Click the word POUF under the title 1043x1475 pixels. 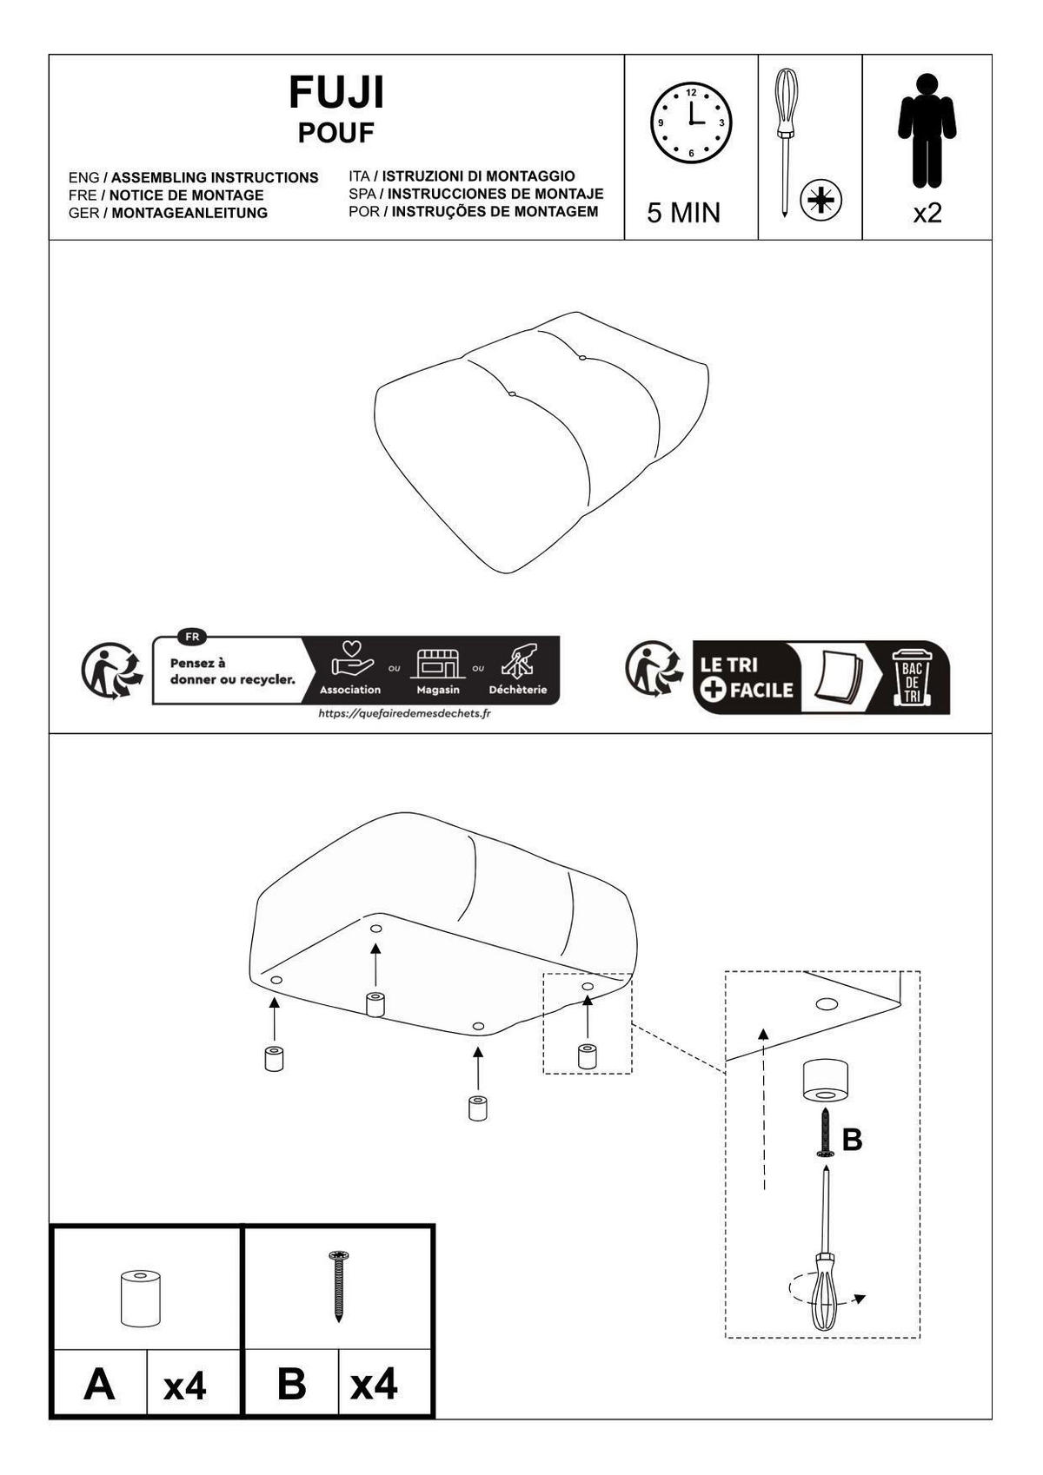coord(336,133)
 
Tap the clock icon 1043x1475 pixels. coord(691,123)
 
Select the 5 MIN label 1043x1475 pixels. coord(683,213)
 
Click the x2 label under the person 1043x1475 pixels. coord(927,213)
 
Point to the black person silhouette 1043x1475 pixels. coord(927,130)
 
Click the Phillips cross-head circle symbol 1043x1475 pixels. coord(821,200)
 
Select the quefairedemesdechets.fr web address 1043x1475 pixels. coord(404,713)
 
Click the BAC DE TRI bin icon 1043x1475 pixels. coord(912,678)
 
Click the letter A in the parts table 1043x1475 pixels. coord(99,1385)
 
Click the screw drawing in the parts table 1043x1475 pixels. coord(339,1286)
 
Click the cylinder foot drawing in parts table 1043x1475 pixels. coord(140,1298)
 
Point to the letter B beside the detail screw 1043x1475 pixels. coord(852,1139)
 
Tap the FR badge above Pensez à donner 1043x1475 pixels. coord(192,638)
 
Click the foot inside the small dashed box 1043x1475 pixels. coord(587,1055)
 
